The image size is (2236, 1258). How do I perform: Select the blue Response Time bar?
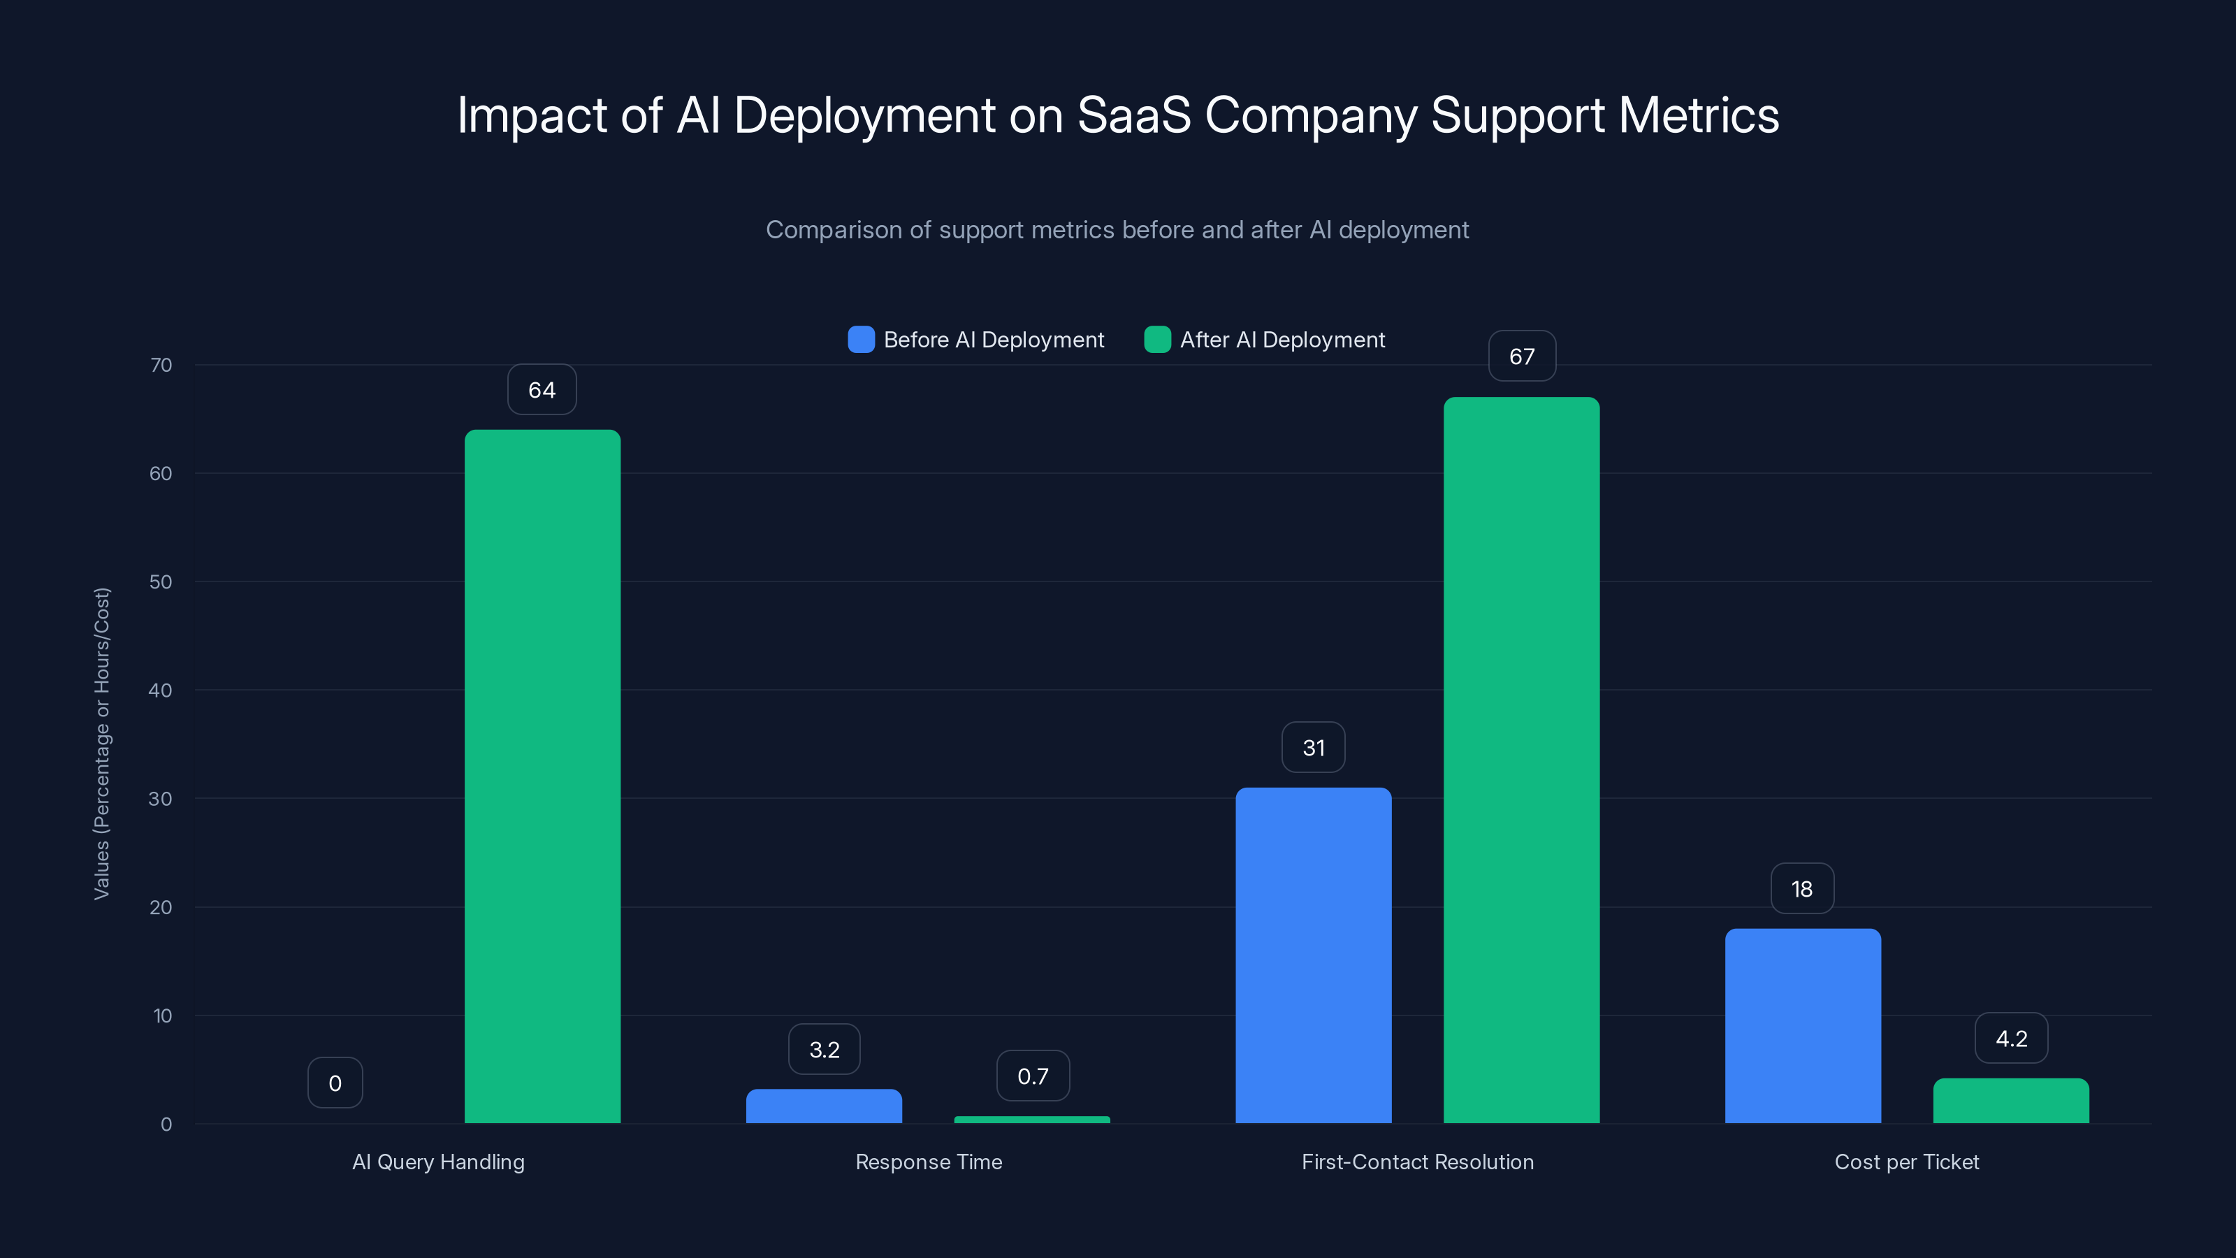coord(824,1106)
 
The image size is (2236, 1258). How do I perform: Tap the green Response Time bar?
coord(1032,1119)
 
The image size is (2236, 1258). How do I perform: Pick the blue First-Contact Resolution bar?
coord(1314,955)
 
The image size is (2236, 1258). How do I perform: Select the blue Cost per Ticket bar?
coord(1803,1025)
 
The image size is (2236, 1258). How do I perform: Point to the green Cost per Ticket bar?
coord(2011,1101)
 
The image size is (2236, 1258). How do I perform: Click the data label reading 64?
coord(542,390)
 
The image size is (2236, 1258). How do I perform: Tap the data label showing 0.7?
coord(1033,1076)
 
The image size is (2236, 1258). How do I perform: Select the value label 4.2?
coord(2011,1039)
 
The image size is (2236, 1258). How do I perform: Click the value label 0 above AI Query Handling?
coord(335,1083)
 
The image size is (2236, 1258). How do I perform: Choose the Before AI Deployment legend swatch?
coord(861,340)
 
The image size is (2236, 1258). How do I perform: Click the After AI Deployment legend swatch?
coord(1157,340)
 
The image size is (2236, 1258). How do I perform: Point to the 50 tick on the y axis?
coord(161,581)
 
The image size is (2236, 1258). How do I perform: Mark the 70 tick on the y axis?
coord(161,365)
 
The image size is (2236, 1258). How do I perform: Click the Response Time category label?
coord(929,1162)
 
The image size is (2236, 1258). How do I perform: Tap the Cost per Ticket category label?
coord(1907,1162)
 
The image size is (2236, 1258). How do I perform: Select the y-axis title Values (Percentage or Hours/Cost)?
coord(101,744)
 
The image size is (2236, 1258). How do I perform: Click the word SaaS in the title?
coord(1133,115)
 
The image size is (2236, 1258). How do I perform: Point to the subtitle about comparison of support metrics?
coord(1117,230)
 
